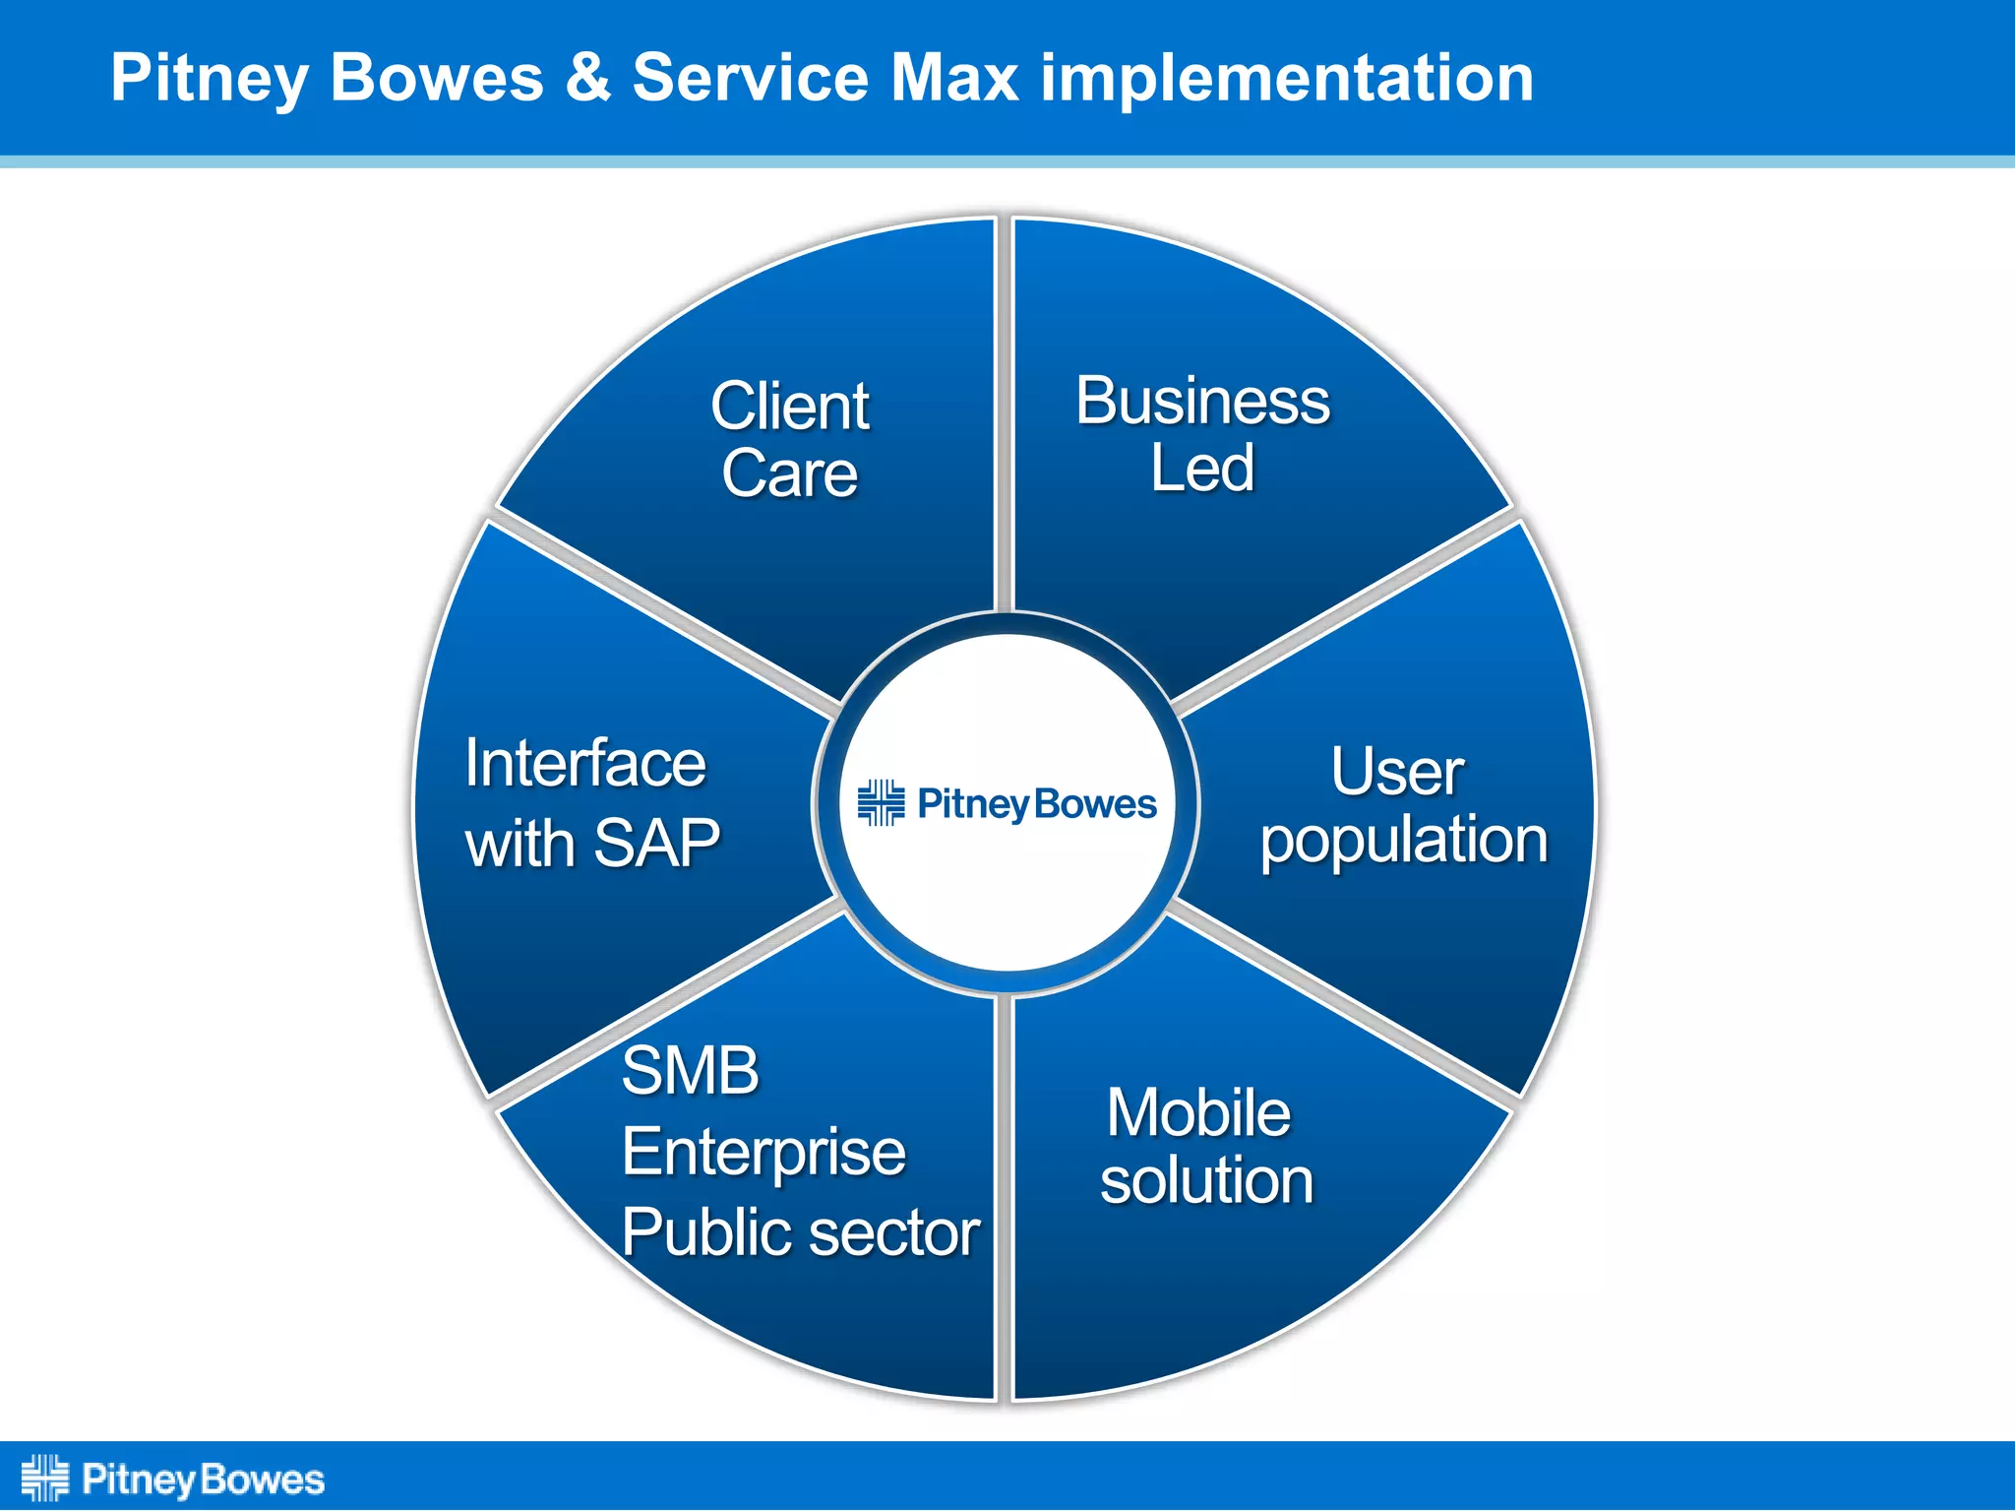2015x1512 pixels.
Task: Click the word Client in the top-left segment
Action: [789, 407]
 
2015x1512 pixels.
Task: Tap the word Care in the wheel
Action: [789, 474]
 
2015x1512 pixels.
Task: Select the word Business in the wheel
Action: [1202, 402]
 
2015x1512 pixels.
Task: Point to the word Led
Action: [1202, 469]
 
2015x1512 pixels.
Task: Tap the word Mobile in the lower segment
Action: [1198, 1113]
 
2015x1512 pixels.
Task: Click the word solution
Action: [1206, 1181]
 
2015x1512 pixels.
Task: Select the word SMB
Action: [691, 1071]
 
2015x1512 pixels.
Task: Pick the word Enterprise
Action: [763, 1153]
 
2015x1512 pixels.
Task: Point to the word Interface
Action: [585, 764]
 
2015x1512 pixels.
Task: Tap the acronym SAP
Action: [657, 844]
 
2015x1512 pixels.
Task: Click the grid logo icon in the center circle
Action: [881, 803]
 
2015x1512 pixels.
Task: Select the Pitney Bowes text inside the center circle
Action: [1036, 804]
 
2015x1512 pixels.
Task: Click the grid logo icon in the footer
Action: [45, 1478]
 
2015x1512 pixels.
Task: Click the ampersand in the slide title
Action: [587, 78]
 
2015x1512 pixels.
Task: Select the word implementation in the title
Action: [1287, 79]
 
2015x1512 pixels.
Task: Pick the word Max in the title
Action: [953, 78]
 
